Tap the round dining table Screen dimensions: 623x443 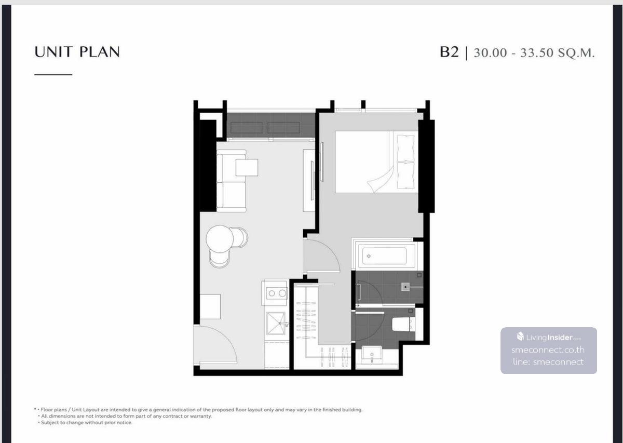click(220, 239)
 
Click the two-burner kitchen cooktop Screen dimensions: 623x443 click(276, 293)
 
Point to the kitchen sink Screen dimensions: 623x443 click(276, 323)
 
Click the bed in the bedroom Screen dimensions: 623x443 click(376, 162)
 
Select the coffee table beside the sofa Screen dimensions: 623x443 click(247, 167)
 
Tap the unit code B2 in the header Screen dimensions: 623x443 click(449, 52)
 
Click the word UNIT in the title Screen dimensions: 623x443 click(53, 52)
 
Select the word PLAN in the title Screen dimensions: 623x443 click(99, 52)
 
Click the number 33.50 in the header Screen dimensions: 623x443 click(537, 53)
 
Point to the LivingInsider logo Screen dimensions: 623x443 click(549, 337)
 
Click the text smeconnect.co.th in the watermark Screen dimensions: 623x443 click(548, 350)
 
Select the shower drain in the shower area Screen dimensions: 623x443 click(405, 287)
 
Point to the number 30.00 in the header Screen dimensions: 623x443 click(490, 53)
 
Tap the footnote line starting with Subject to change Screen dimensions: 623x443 click(86, 422)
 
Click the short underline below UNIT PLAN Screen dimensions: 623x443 click(53, 75)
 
